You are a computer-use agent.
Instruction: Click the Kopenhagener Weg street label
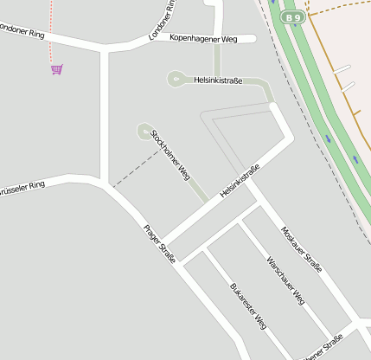point(203,38)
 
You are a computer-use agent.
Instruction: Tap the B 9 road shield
point(294,16)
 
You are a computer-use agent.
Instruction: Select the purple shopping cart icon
point(57,69)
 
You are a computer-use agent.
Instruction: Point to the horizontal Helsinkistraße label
point(218,80)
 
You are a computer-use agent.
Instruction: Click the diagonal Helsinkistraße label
point(240,183)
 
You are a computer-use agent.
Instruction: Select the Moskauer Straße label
point(302,249)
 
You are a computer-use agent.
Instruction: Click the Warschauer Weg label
point(285,280)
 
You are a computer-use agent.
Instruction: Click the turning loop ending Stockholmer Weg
point(143,132)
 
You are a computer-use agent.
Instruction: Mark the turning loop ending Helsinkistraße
point(176,81)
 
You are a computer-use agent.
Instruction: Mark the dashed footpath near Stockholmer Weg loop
point(137,168)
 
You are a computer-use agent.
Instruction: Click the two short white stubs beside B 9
point(345,77)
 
